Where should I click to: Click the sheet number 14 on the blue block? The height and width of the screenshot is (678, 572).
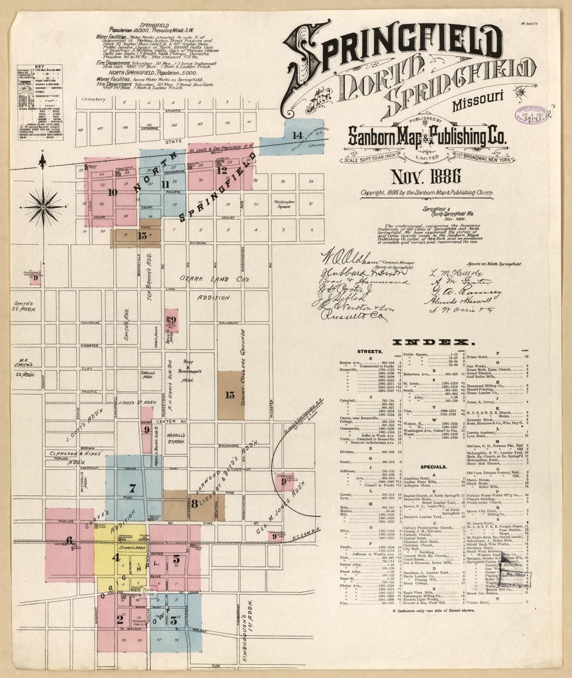pos(298,135)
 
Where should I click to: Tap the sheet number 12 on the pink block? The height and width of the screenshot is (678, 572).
pos(222,169)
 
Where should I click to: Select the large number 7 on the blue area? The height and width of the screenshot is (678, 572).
pos(133,488)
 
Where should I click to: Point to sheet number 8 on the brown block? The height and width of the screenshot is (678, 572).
pos(194,503)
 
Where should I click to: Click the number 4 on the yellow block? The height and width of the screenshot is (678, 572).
pos(116,558)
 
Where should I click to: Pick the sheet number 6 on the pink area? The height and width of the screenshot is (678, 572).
pos(69,541)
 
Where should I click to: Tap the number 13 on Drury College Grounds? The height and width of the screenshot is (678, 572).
pos(229,395)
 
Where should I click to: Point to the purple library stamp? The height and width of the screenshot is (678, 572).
pos(532,115)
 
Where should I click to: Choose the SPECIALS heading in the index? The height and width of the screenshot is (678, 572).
pos(433,467)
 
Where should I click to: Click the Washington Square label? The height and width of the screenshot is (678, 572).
pos(286,203)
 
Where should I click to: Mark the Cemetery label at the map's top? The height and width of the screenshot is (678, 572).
pos(94,99)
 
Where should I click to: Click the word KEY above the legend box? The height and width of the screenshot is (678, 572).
pos(40,67)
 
